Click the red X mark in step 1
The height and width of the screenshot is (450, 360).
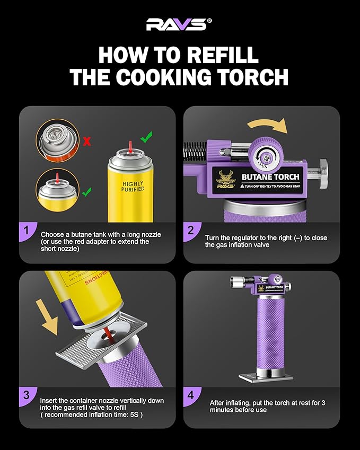pos(87,142)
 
